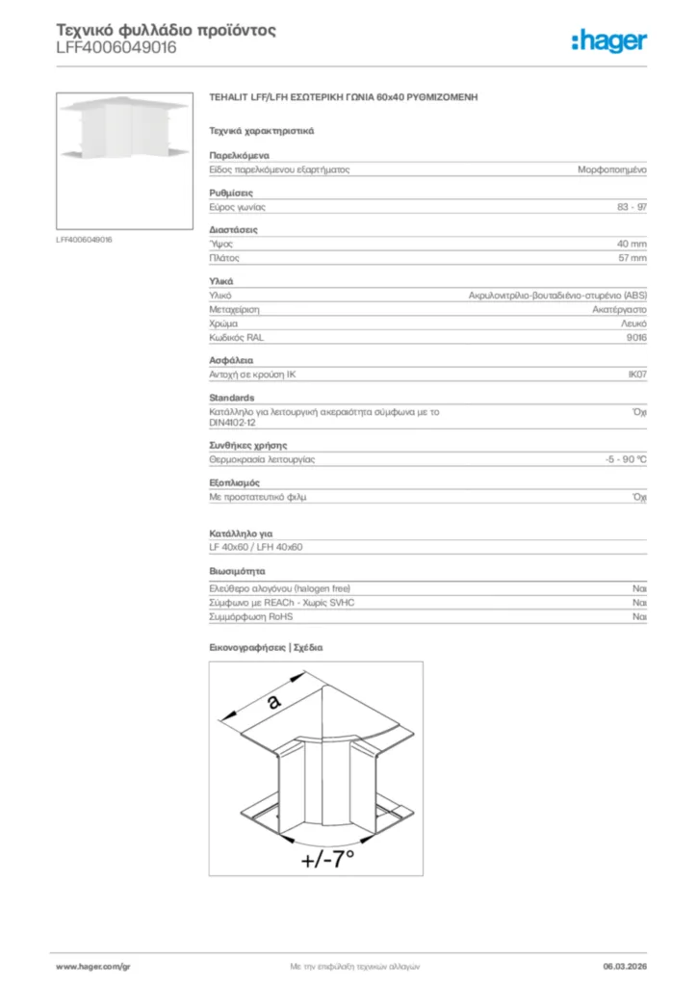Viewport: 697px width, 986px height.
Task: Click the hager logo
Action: (x=608, y=40)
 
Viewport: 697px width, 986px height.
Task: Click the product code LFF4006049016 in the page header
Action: (x=116, y=47)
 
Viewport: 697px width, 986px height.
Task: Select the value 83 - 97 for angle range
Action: (x=632, y=207)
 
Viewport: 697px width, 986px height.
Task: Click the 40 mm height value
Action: (x=632, y=244)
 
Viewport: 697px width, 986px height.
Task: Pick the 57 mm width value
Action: (x=632, y=258)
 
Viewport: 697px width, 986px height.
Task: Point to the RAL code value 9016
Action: (x=636, y=338)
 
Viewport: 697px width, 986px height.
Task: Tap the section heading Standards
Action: (x=232, y=398)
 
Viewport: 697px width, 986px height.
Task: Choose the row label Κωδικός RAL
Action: (x=237, y=338)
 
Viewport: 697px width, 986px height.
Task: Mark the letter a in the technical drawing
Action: (x=274, y=702)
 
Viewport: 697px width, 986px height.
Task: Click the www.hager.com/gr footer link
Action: (x=92, y=966)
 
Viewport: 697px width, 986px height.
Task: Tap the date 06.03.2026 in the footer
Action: (x=624, y=966)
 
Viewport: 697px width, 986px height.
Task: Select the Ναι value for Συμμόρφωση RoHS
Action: (x=639, y=616)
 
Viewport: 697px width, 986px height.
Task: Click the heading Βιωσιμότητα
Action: (x=238, y=571)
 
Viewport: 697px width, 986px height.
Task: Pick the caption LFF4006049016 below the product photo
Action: (x=85, y=239)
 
